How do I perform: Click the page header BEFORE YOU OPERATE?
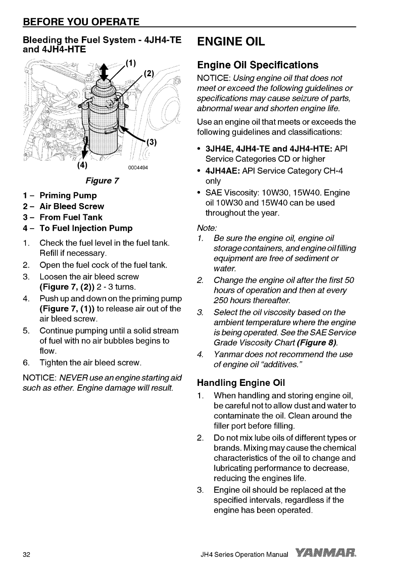point(81,22)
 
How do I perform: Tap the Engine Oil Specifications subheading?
point(258,65)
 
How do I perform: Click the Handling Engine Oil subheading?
point(241,383)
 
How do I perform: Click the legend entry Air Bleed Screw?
point(71,207)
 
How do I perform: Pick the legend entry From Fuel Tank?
point(71,217)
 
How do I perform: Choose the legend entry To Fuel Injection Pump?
point(86,228)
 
